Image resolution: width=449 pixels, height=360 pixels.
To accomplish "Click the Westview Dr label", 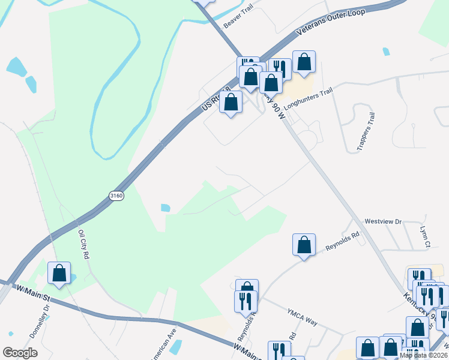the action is (382, 221).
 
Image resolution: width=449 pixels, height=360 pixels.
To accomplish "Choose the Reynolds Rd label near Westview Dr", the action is (342, 241).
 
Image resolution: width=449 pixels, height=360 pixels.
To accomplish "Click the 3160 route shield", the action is (116, 196).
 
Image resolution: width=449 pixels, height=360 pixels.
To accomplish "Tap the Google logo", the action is (20, 353).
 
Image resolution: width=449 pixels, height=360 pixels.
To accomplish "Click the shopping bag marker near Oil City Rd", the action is (59, 273).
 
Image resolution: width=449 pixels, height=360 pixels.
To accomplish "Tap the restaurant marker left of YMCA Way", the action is (246, 301).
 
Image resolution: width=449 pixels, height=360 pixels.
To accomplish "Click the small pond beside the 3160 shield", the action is (165, 208).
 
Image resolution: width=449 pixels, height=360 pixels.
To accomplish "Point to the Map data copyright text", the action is (423, 355).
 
